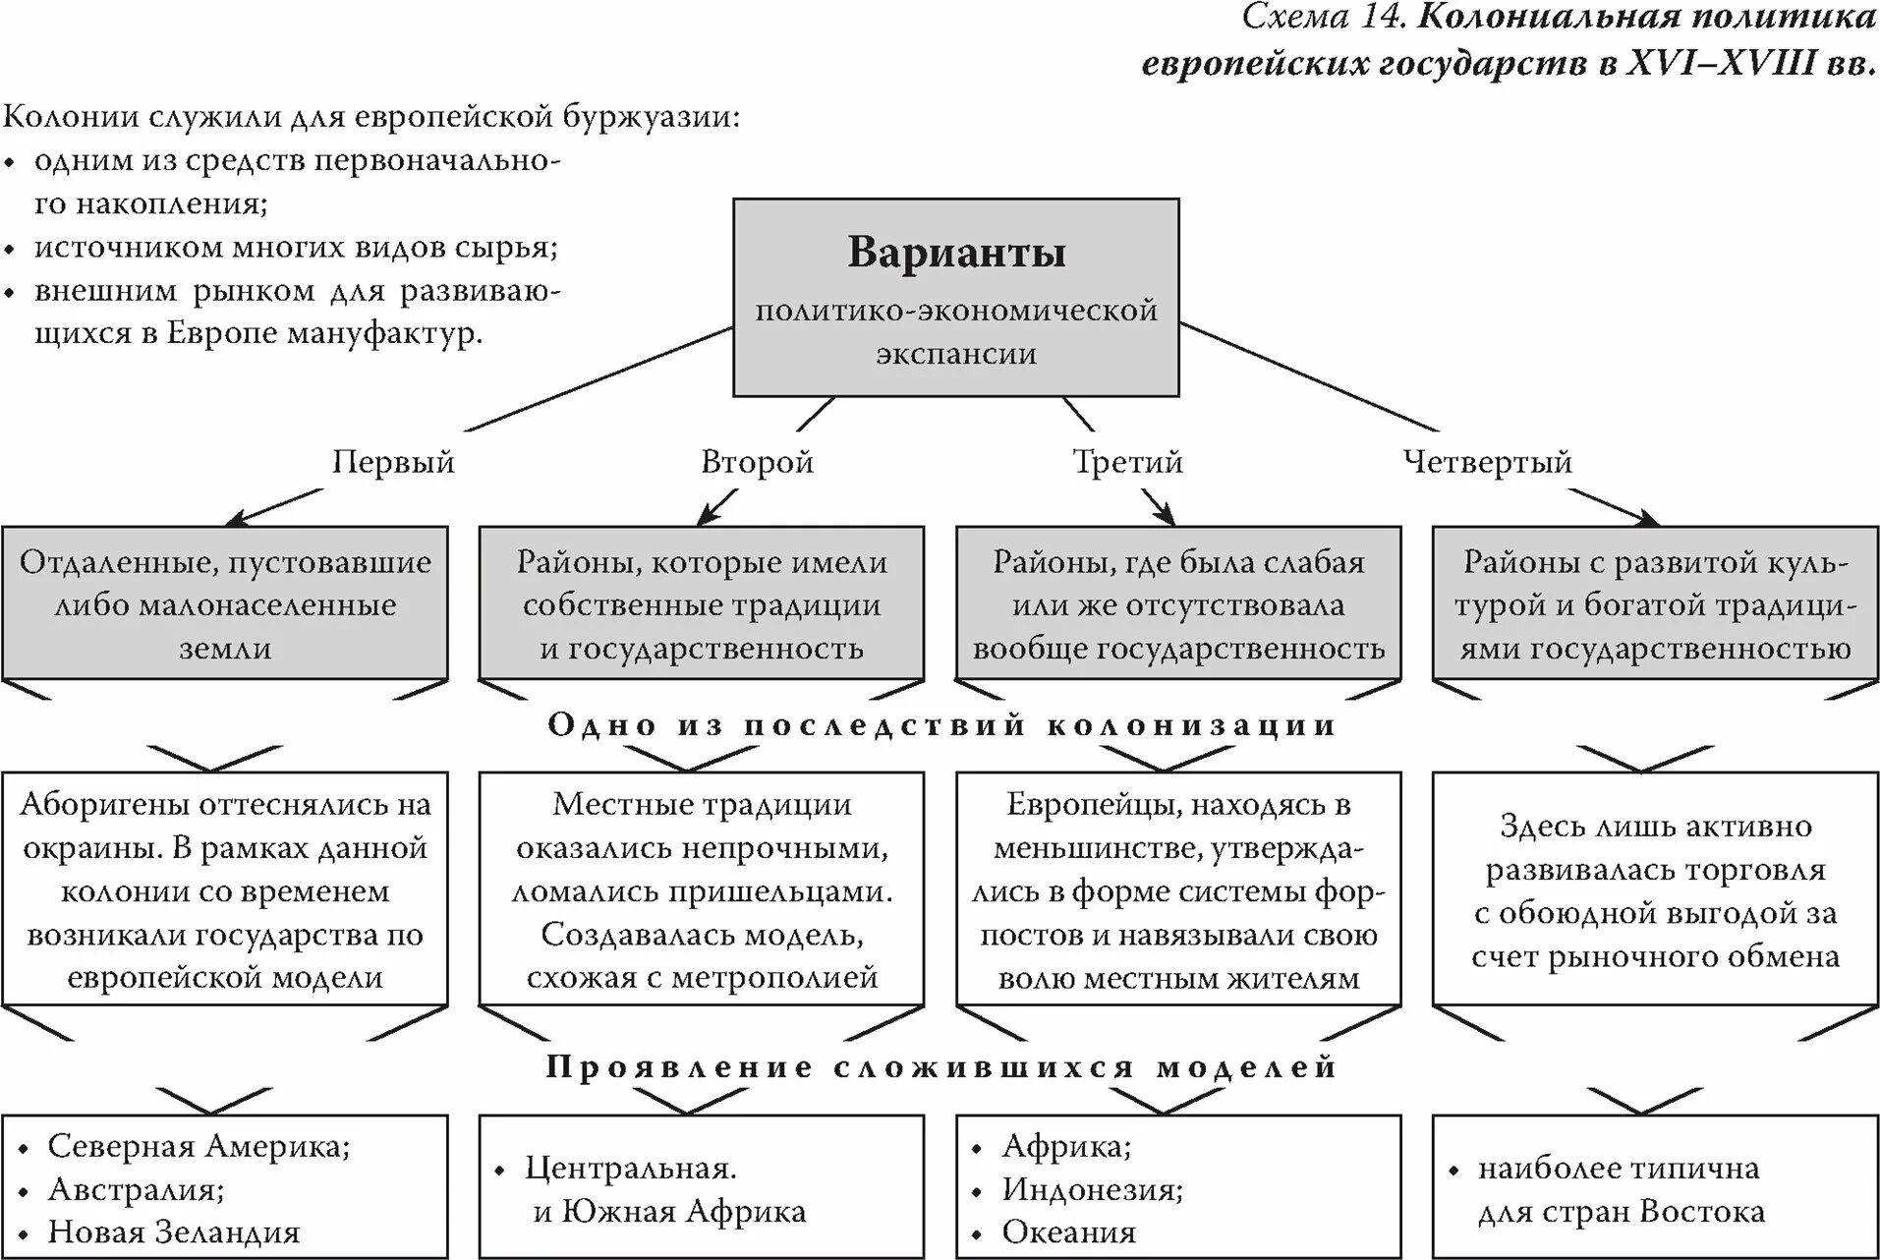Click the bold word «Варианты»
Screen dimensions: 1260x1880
point(956,253)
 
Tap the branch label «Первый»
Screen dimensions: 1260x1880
point(393,461)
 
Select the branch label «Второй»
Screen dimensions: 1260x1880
point(757,461)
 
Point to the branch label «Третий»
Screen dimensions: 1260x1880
point(1127,461)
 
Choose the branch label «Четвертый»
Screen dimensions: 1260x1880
point(1487,461)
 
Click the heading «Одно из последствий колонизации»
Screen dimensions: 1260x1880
point(941,725)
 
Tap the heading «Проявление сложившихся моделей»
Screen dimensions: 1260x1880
point(941,1067)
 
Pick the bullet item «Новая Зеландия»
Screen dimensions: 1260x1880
point(174,1232)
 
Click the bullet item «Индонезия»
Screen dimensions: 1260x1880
point(1092,1189)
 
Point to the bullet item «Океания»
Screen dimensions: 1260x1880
point(1068,1232)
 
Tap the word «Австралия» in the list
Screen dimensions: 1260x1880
point(136,1189)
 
